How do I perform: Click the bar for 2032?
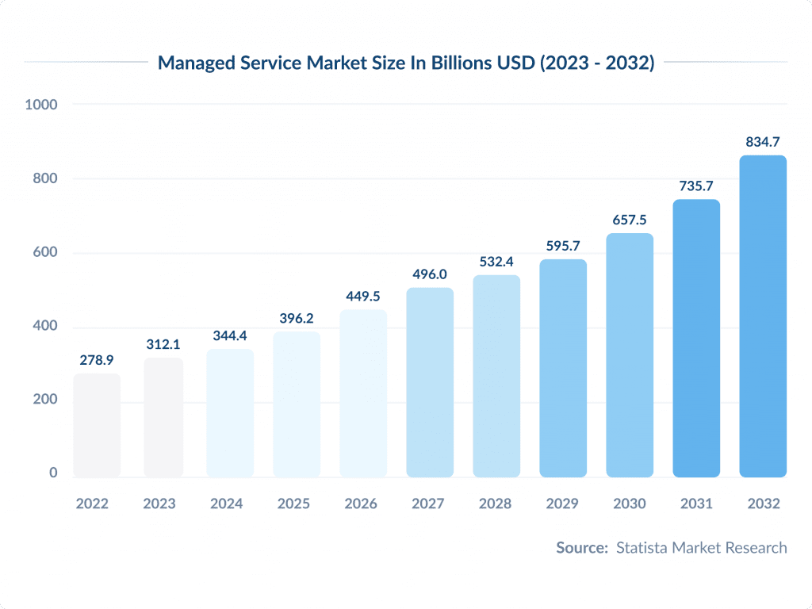(763, 316)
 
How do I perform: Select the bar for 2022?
(97, 426)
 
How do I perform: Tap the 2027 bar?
(430, 382)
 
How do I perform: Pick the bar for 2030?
(630, 355)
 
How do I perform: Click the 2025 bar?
(297, 404)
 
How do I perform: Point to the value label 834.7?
(763, 142)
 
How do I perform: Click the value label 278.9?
(97, 360)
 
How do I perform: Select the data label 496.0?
(430, 274)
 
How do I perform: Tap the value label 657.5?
(630, 220)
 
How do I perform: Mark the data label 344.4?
(230, 335)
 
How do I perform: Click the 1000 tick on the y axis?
(41, 104)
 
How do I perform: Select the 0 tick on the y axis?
(53, 473)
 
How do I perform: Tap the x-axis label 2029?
(563, 504)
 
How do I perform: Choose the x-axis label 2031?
(696, 504)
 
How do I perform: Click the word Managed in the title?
(193, 63)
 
